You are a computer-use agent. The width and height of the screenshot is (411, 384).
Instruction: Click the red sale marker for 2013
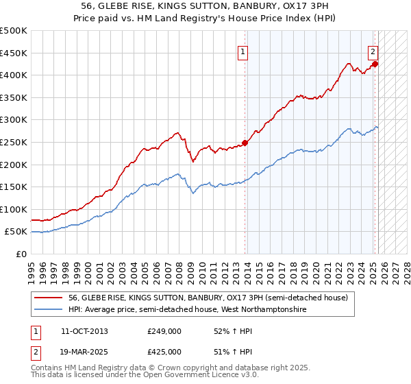[x=245, y=143]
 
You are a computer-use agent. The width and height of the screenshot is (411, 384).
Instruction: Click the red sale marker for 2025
[x=375, y=64]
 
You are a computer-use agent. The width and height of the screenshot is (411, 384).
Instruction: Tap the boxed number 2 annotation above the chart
[x=373, y=50]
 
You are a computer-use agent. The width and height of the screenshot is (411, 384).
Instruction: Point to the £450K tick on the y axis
[x=14, y=53]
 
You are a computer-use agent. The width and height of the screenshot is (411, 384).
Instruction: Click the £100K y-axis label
[x=14, y=209]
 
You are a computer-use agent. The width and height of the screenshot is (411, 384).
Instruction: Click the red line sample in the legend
[x=47, y=298]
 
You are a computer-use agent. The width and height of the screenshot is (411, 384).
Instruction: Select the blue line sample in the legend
[x=47, y=310]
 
